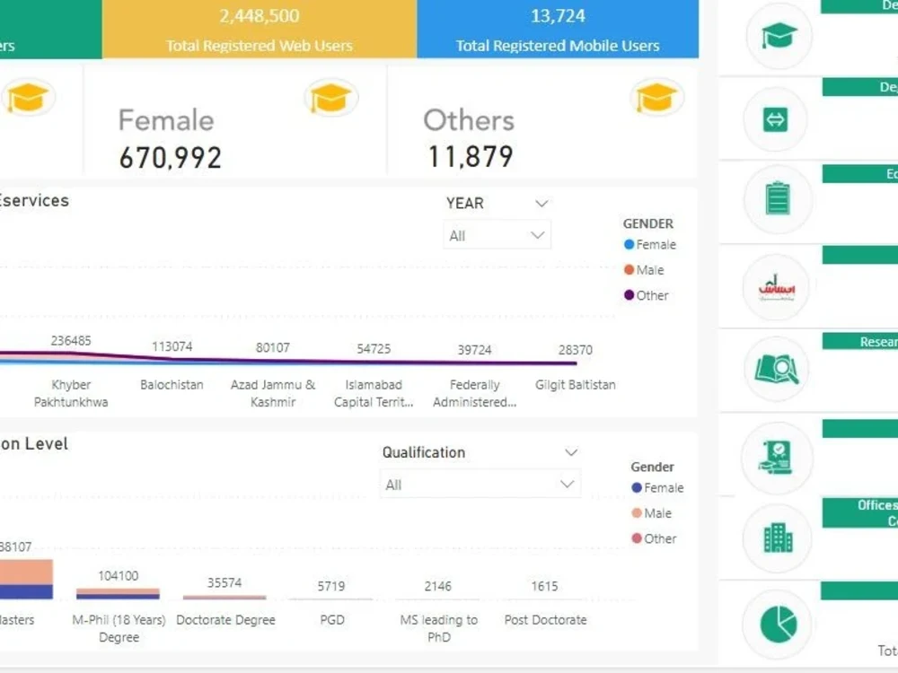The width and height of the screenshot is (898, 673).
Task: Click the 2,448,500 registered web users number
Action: point(259,16)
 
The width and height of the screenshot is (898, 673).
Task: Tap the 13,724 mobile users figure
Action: point(558,16)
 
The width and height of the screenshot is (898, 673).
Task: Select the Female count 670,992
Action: point(170,158)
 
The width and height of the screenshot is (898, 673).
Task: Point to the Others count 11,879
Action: point(470,157)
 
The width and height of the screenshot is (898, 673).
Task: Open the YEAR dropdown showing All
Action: point(497,236)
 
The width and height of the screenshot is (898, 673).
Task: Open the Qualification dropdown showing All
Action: point(480,485)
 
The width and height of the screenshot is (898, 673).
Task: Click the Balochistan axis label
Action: point(172,385)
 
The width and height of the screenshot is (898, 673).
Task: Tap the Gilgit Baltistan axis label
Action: point(575,385)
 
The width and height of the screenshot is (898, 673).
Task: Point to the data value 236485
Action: point(71,341)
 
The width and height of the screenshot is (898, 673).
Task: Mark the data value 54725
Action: point(374,349)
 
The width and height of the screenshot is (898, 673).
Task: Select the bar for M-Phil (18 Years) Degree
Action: point(118,593)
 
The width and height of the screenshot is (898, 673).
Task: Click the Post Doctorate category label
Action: point(545,620)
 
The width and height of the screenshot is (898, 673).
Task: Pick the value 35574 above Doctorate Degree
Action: point(224,582)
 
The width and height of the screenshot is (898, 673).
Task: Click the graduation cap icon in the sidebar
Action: point(778,36)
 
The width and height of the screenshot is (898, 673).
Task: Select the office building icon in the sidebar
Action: point(778,538)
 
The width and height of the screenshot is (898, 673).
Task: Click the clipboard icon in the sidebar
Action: point(778,198)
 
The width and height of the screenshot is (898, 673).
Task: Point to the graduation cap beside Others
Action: point(656,97)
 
